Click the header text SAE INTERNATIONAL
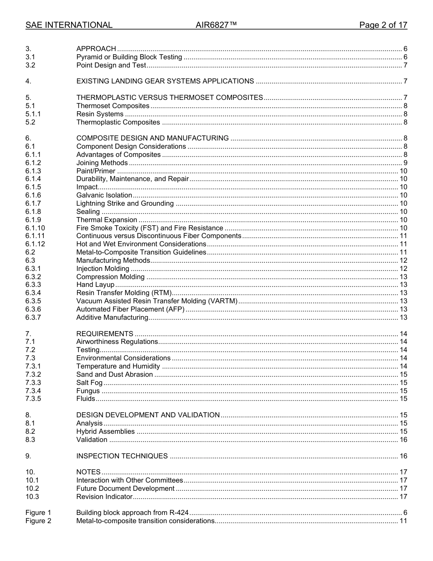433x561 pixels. pyautogui.click(x=69, y=25)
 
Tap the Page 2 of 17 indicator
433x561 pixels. pyautogui.click(x=383, y=25)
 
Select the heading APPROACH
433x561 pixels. pyautogui.click(x=96, y=49)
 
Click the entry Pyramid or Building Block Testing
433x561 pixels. pyautogui.click(x=129, y=57)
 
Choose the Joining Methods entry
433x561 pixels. pyautogui.click(x=102, y=163)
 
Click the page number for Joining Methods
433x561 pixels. pyautogui.click(x=405, y=163)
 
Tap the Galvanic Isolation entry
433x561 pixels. pyautogui.click(x=104, y=195)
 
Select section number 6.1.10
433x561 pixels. pyautogui.click(x=35, y=228)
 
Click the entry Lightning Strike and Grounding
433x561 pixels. pyautogui.click(x=125, y=203)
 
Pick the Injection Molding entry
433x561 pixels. pyautogui.click(x=103, y=269)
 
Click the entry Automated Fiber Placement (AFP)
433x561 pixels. pyautogui.click(x=130, y=309)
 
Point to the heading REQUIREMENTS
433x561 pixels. pyautogui.click(x=104, y=334)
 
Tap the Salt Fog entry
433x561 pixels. pyautogui.click(x=89, y=383)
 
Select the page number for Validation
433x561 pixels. pyautogui.click(x=403, y=440)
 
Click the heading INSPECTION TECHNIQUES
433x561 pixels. pyautogui.click(x=122, y=456)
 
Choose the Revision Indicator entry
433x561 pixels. pyautogui.click(x=104, y=497)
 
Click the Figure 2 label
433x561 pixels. pyautogui.click(x=38, y=521)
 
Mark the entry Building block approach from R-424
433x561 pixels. pyautogui.click(x=133, y=513)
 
